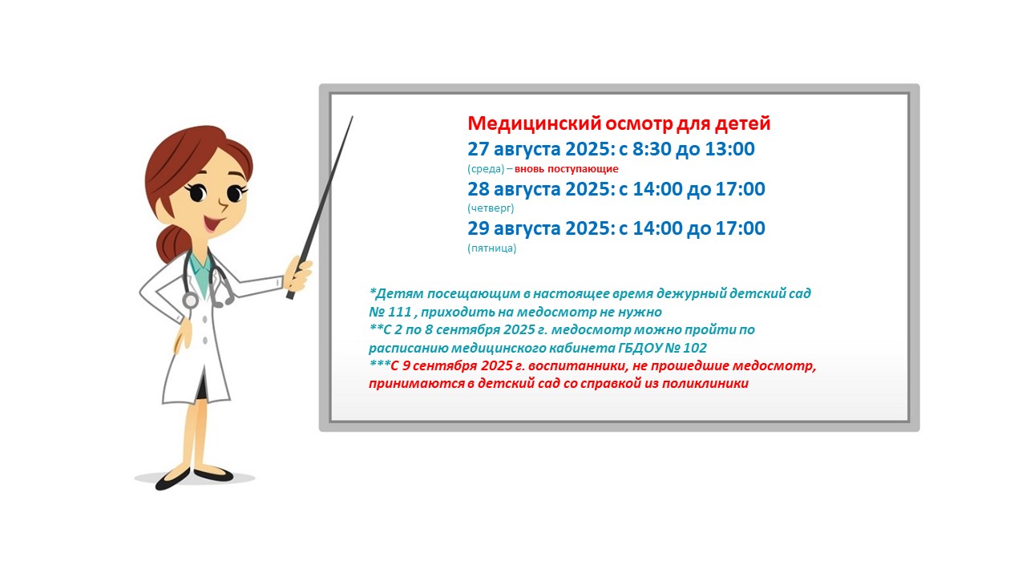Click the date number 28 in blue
[x=479, y=189]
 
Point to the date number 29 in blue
[x=479, y=228]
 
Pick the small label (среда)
[x=486, y=169]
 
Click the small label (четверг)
[x=491, y=208]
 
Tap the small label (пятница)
[x=492, y=248]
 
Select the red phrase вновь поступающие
[x=567, y=169]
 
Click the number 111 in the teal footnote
[x=400, y=312]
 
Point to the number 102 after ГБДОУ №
[x=695, y=348]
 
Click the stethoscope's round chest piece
[x=190, y=301]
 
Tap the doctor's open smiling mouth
[x=212, y=224]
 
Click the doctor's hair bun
[x=172, y=243]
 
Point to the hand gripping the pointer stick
[x=298, y=274]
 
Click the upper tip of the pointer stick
[x=352, y=117]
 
